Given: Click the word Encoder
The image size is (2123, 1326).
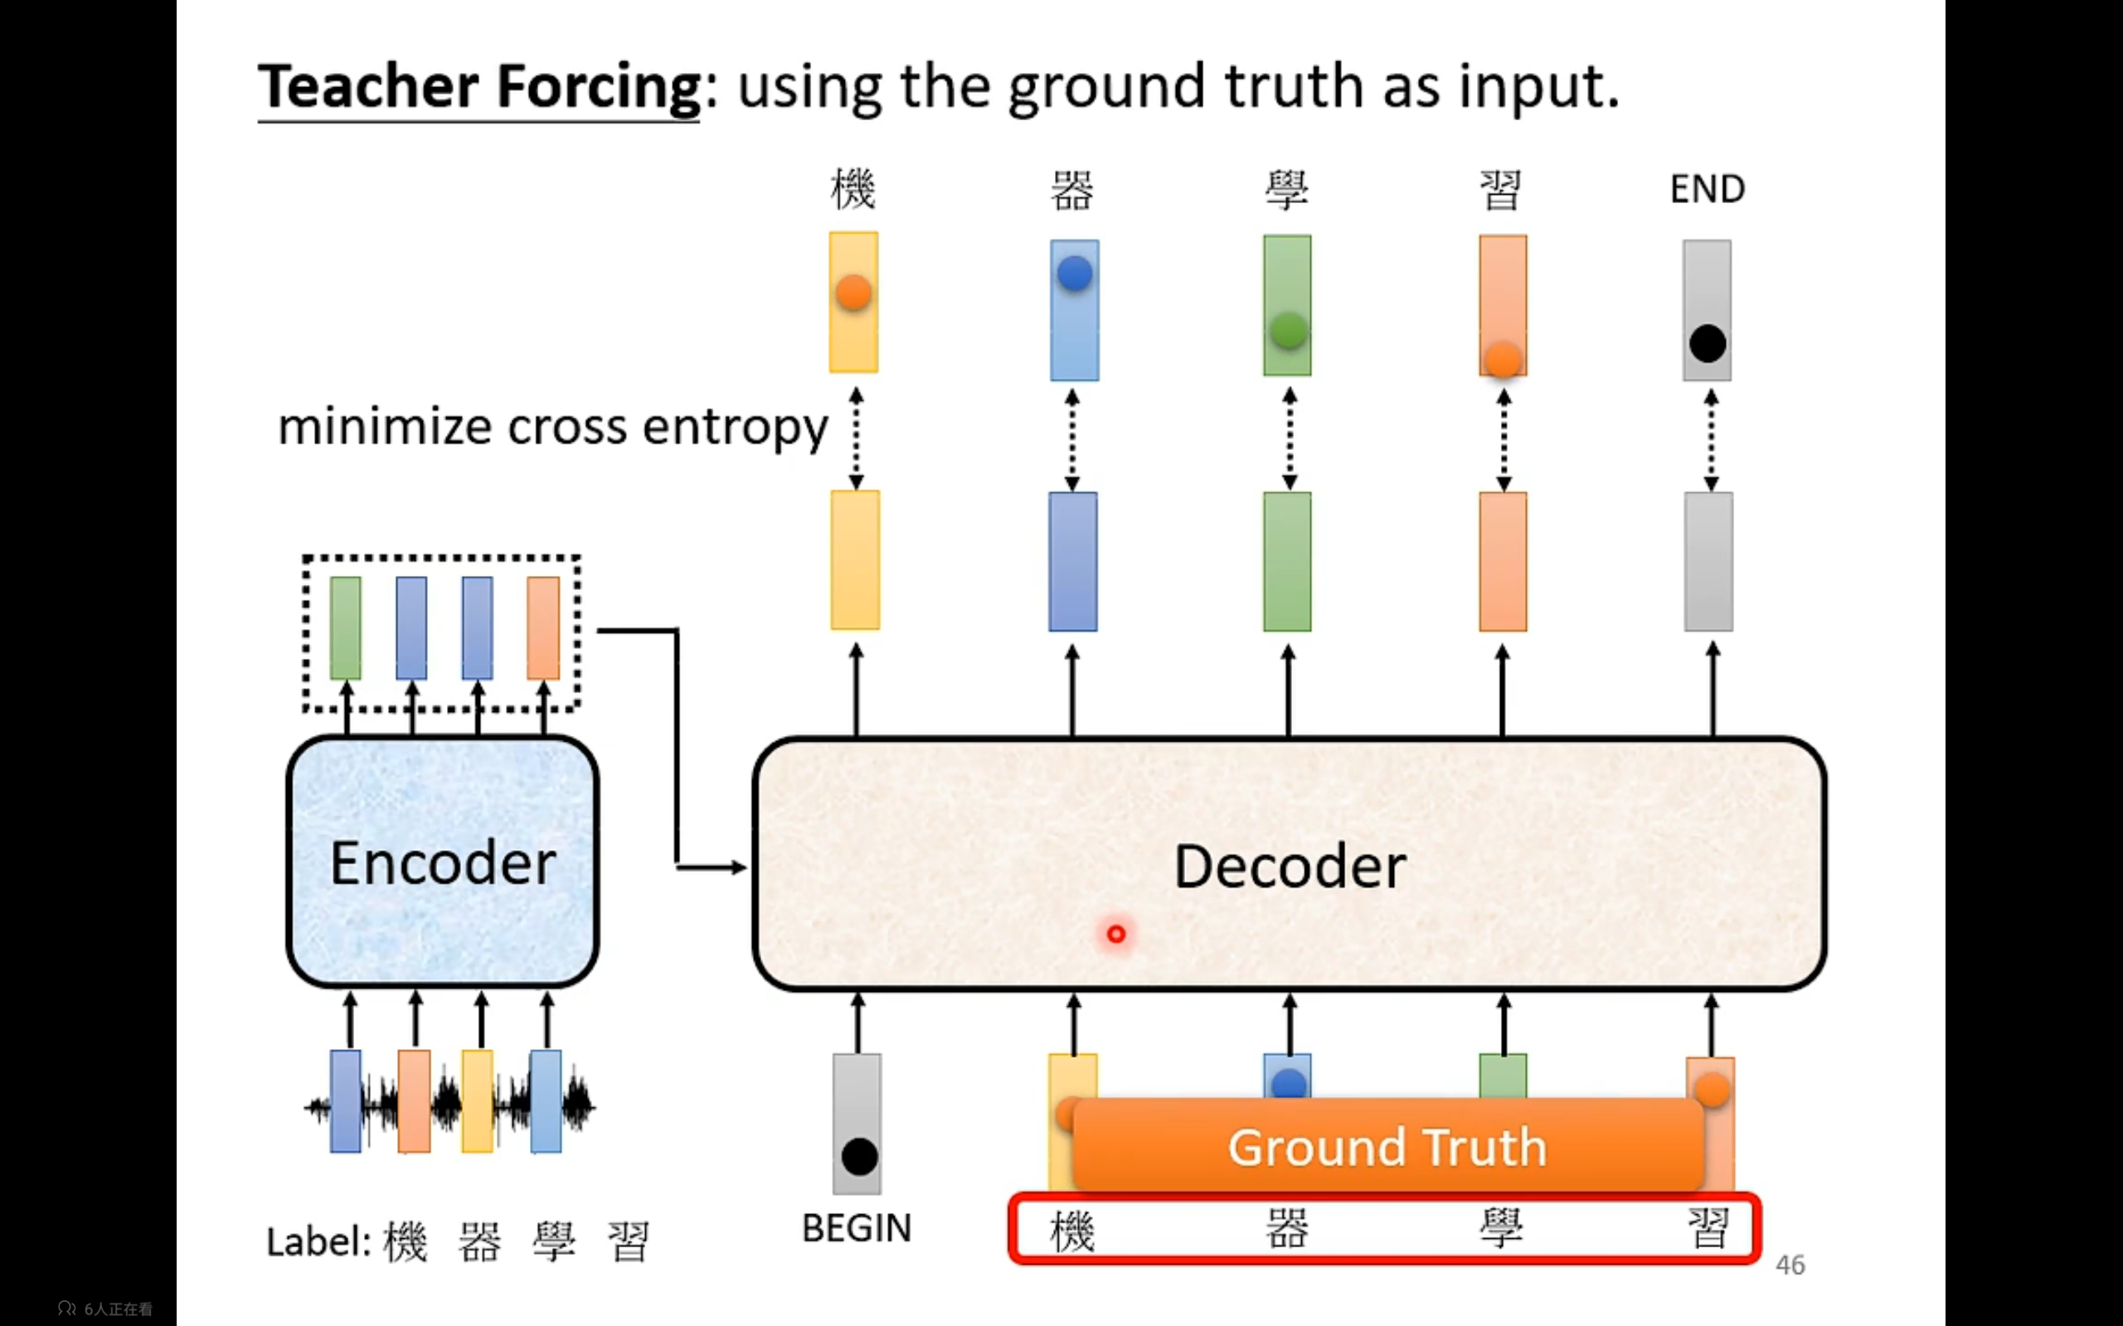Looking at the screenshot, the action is [443, 863].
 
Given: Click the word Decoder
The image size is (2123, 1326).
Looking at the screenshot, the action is [1290, 867].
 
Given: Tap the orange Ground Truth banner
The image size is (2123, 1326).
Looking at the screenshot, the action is [1388, 1145].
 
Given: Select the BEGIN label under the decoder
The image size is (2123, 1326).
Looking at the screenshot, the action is [857, 1227].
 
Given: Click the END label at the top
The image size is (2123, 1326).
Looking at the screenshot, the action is [1708, 189].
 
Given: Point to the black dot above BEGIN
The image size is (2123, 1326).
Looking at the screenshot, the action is [859, 1157].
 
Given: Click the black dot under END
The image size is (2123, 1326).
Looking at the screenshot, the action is [1708, 343].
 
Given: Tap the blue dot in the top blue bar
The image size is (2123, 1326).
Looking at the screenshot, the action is [1075, 273].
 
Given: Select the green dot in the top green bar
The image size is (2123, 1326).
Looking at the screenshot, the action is [1289, 331].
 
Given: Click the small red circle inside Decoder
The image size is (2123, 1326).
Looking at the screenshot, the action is [1116, 934].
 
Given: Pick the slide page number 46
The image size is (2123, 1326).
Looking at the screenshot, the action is [1790, 1265].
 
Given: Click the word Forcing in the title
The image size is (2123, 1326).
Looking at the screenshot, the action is [598, 87].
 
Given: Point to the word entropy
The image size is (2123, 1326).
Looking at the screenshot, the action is [735, 428].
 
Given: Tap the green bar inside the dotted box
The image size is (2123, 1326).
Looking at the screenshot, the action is [346, 627].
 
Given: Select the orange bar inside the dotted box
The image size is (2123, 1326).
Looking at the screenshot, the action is [543, 627].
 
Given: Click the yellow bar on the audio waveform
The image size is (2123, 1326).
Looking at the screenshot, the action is [477, 1101].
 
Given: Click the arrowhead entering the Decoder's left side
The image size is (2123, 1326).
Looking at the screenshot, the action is [740, 868].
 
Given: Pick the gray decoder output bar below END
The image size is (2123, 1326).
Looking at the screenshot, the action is [1708, 561].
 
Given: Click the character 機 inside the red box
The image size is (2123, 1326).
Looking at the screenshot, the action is [1072, 1229].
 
